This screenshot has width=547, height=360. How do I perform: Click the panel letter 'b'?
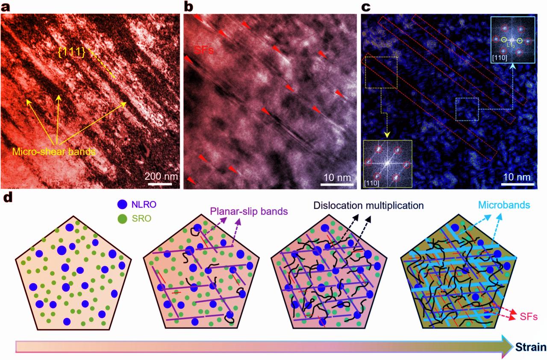pos(188,7)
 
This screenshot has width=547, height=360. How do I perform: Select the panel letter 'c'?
pos(366,7)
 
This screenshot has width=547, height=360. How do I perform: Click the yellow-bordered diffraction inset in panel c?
pos(387,164)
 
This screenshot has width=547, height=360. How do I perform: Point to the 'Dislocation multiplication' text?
pos(368,205)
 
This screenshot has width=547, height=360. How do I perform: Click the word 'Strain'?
pos(530,346)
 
